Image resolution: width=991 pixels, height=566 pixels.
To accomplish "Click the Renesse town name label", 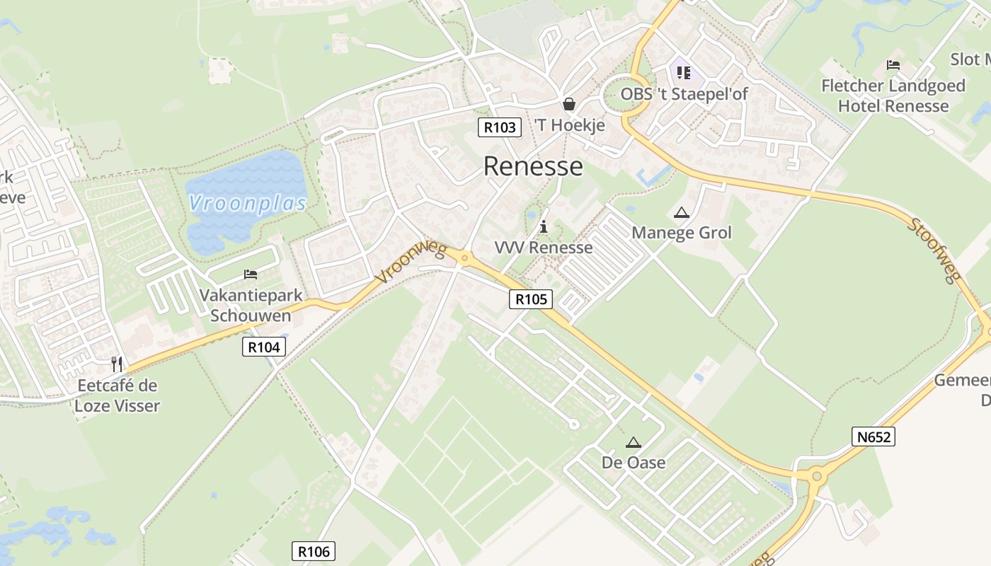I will (533, 166).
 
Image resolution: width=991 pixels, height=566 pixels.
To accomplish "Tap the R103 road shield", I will (500, 127).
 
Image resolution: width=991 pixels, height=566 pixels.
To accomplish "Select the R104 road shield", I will (264, 346).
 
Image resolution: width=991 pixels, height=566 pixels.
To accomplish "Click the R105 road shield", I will (531, 299).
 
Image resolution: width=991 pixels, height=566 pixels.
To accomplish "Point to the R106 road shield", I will (313, 551).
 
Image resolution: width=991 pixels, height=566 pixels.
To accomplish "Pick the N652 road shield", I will (873, 437).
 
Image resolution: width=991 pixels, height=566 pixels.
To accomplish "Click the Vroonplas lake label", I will (248, 204).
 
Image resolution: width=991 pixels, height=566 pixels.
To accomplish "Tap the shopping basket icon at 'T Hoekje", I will (568, 105).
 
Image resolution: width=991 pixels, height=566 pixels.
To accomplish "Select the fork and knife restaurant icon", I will (117, 364).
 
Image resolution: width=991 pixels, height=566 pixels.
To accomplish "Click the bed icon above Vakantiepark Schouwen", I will (251, 275).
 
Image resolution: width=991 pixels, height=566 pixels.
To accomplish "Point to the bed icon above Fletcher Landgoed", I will (893, 65).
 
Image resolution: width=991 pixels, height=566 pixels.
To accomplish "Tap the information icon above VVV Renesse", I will (544, 226).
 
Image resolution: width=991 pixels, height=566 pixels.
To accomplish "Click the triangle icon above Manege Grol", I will (681, 212).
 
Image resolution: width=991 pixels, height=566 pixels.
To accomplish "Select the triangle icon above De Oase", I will (633, 443).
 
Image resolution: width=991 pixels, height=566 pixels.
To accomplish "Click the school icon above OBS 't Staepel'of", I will (683, 72).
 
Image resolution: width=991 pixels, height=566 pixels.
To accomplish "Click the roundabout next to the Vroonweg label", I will (464, 259).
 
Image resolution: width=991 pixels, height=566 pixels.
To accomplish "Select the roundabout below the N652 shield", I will (817, 476).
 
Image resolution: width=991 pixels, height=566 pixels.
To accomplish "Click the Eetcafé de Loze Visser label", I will (118, 395).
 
